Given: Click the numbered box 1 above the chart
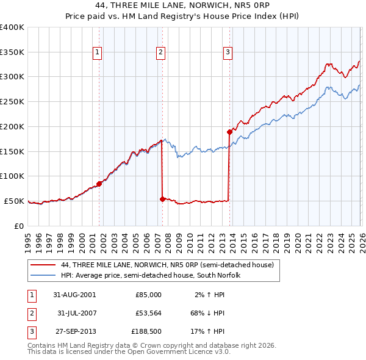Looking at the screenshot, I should pyautogui.click(x=97, y=53).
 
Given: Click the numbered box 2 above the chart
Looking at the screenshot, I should pyautogui.click(x=160, y=53).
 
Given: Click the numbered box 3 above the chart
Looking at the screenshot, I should pyautogui.click(x=228, y=53).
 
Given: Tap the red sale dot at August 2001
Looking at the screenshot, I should pyautogui.click(x=99, y=183).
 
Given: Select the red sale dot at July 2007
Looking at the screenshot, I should pyautogui.click(x=162, y=199).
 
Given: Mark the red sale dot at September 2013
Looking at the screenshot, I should pyautogui.click(x=229, y=132).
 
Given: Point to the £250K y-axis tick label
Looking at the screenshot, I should pyautogui.click(x=12, y=101).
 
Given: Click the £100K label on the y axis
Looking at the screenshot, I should pyautogui.click(x=12, y=176).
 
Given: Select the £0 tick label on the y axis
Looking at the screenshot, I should pyautogui.click(x=18, y=226).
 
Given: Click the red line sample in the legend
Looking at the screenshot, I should pyautogui.click(x=43, y=265).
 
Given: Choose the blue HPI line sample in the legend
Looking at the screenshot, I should pyautogui.click(x=43, y=276).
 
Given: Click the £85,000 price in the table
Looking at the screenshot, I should pyautogui.click(x=148, y=294).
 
